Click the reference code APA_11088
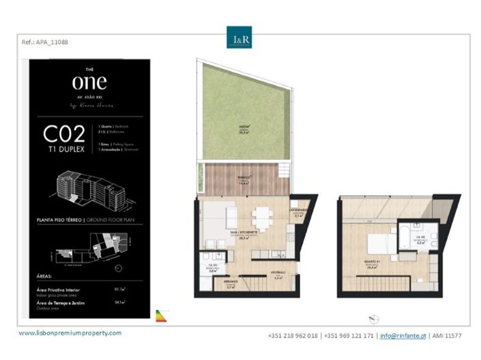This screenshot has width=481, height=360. pos(45,42)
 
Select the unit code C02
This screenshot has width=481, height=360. pos(64,133)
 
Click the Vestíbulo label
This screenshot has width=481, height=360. pos(278,275)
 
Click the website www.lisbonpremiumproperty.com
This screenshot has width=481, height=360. pos(70,333)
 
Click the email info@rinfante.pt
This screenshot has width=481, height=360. pos(403,336)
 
